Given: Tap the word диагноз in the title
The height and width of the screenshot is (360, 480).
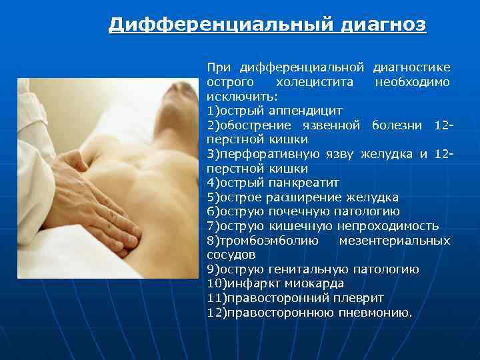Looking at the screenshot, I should tap(384, 25).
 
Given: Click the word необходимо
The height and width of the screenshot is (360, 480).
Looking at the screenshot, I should tap(412, 83).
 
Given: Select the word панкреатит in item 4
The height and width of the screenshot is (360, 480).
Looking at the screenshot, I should tap(303, 183).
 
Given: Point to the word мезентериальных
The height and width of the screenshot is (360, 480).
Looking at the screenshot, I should tap(395, 241).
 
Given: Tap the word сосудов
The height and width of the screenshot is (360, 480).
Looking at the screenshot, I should tap(231, 255).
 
